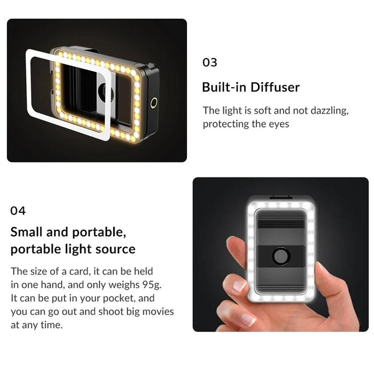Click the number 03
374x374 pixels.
(x=210, y=62)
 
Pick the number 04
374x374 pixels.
(x=18, y=211)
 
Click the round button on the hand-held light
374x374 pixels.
(x=280, y=256)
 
